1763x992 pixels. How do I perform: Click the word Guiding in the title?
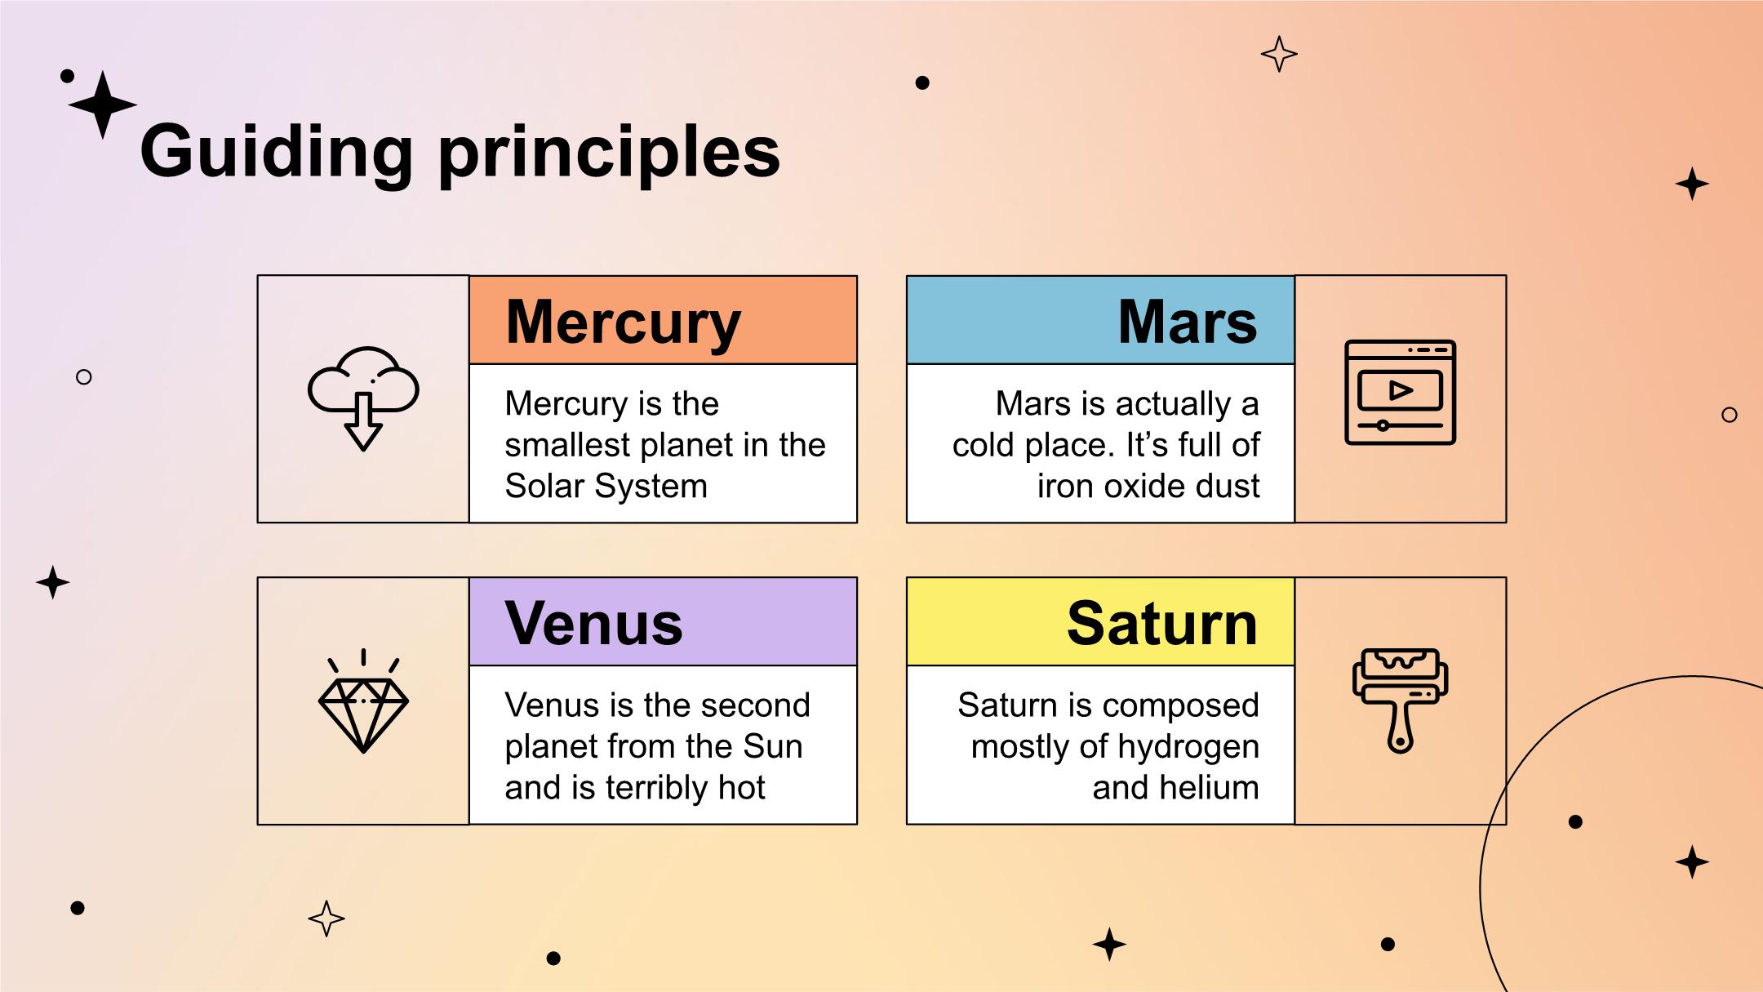tap(278, 153)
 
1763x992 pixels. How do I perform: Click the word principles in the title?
tap(610, 153)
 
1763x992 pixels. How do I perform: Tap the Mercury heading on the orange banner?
tap(624, 322)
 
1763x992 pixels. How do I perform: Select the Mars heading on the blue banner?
tap(1188, 322)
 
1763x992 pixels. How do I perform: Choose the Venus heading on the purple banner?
tap(593, 624)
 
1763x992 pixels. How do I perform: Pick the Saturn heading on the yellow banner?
tap(1162, 624)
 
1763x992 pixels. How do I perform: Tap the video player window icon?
tap(1400, 392)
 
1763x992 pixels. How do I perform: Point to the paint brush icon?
tap(1400, 701)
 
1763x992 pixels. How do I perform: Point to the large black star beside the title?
tap(102, 105)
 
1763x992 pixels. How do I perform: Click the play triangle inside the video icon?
tap(1401, 390)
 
